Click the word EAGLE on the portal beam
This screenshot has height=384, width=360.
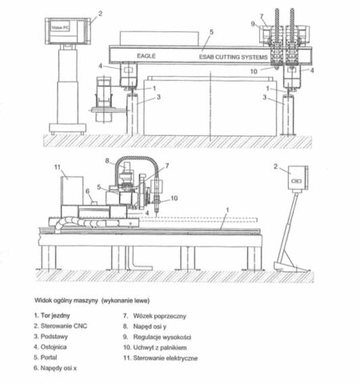point(146,56)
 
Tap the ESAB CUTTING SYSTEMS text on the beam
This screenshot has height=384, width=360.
point(233,57)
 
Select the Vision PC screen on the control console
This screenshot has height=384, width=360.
point(60,27)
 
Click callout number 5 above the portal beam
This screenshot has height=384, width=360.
point(211,32)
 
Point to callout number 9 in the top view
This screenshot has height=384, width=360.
point(253,24)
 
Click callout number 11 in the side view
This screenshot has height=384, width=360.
point(58,167)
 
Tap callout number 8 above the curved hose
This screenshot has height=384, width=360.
point(107,161)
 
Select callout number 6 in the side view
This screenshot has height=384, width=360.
point(87,191)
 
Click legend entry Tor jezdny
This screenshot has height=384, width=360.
point(52,316)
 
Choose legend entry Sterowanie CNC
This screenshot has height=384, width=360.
point(60,326)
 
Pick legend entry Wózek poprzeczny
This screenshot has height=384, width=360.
point(154,316)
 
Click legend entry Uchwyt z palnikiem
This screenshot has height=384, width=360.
point(154,347)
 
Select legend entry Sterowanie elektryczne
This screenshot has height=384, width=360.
point(160,358)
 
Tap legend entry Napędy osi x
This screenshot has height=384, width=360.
point(55,368)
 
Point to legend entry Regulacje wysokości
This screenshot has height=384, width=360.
point(157,337)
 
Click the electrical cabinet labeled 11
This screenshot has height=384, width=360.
point(72,190)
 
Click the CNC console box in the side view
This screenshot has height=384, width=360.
point(298,178)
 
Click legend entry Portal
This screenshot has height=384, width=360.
point(46,358)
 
